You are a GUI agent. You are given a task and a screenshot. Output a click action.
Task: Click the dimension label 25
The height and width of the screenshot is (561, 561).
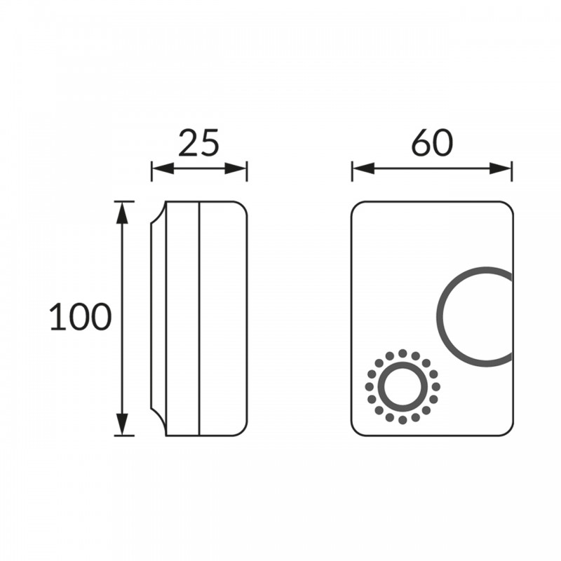(x=198, y=143)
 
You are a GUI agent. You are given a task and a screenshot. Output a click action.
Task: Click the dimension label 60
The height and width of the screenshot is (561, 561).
(x=432, y=143)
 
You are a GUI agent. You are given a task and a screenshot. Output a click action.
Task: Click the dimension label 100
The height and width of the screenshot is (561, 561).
(x=81, y=317)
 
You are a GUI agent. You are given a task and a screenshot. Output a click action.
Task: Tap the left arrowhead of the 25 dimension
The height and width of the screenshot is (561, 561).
(x=163, y=168)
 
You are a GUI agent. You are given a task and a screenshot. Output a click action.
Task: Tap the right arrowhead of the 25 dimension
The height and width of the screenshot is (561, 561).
(x=236, y=168)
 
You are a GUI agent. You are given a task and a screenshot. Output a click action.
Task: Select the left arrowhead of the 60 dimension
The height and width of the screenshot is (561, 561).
(x=363, y=168)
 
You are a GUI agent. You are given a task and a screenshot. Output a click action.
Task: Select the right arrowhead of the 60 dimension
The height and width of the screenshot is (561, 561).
(x=501, y=168)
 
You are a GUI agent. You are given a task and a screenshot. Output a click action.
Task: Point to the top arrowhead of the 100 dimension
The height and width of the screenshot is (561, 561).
(x=122, y=213)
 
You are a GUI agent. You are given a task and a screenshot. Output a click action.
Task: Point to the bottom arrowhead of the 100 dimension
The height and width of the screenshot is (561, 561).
(x=122, y=424)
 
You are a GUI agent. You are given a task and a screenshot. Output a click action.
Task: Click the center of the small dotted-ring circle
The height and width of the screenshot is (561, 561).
(x=403, y=387)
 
